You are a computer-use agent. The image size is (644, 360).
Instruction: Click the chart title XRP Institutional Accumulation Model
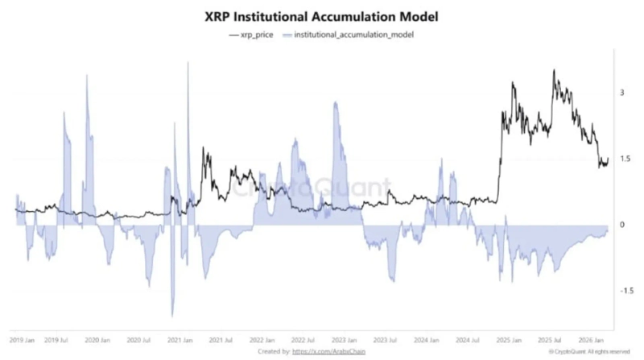(322, 16)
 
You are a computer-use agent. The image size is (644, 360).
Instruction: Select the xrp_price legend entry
(253, 35)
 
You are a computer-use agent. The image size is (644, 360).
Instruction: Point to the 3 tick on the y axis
(621, 93)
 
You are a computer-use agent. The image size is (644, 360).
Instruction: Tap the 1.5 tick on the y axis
(623, 159)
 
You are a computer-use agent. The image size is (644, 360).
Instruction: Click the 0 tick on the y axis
(621, 224)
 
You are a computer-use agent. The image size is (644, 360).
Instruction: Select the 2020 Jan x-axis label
(96, 341)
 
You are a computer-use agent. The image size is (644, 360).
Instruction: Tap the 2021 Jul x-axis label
(219, 341)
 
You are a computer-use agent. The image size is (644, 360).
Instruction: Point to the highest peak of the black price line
(554, 71)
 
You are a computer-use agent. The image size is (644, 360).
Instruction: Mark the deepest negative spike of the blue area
(172, 317)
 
